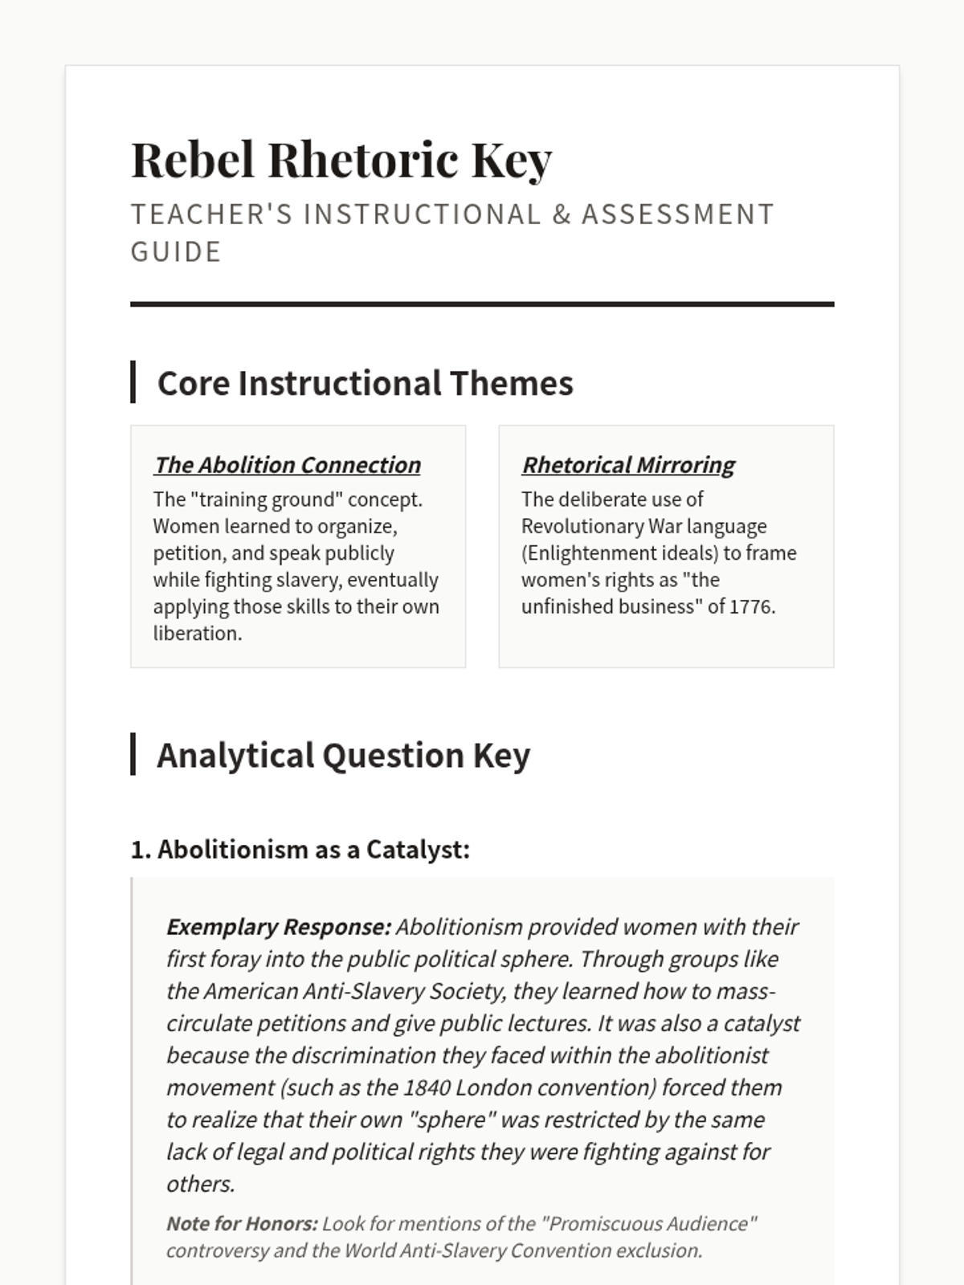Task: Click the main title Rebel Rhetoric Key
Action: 341,159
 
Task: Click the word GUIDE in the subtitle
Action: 176,252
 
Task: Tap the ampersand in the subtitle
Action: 561,214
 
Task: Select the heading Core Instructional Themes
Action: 365,383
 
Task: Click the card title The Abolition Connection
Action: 287,465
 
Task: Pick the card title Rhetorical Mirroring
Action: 628,465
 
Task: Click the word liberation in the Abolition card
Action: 196,633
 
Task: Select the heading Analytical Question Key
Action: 343,755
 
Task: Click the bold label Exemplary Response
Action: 278,927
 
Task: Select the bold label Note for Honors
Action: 242,1223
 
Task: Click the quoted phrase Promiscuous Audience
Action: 649,1223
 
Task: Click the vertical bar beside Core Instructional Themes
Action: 133,382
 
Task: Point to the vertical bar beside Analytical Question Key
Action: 133,754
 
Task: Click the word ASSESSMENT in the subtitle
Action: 677,214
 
